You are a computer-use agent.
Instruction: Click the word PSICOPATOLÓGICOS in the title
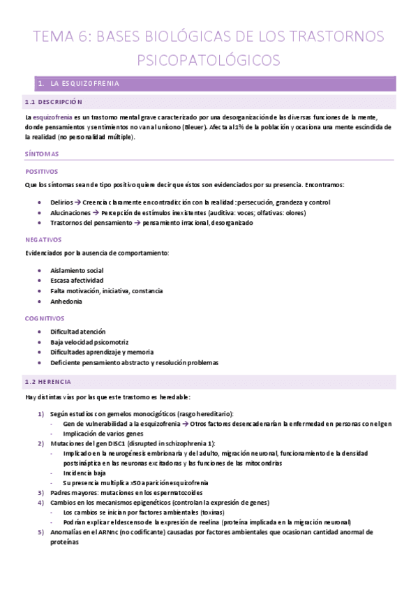click(x=209, y=60)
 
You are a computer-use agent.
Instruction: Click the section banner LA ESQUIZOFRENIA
click(x=84, y=84)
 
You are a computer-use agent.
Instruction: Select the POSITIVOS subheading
click(x=41, y=170)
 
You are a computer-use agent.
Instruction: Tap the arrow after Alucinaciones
click(x=96, y=212)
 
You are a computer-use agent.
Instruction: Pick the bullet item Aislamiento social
click(x=77, y=270)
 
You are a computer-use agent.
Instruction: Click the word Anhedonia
click(x=66, y=302)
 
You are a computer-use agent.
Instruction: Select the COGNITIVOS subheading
click(x=44, y=318)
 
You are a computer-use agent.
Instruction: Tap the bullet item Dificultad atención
click(x=78, y=332)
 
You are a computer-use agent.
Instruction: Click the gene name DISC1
click(x=112, y=443)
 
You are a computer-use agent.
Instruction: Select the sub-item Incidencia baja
click(x=82, y=473)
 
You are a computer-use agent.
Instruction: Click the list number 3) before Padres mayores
click(x=40, y=493)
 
